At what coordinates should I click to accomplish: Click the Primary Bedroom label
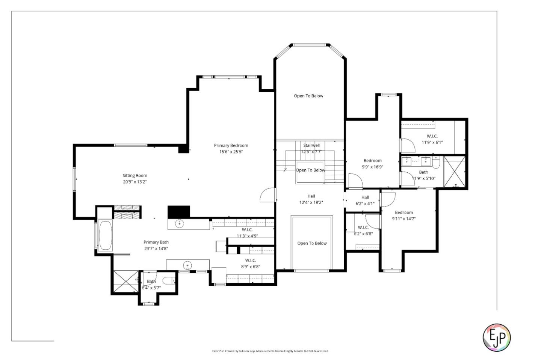[x=231, y=146]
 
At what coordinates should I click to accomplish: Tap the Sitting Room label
[x=134, y=176]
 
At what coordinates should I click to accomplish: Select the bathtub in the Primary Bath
[x=105, y=235]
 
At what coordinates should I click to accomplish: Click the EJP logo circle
[x=496, y=337]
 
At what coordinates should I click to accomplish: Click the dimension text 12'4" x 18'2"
[x=311, y=203]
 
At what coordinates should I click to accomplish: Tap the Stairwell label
[x=311, y=145]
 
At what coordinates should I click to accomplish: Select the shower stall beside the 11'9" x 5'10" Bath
[x=455, y=172]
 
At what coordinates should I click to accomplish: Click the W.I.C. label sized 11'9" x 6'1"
[x=432, y=136]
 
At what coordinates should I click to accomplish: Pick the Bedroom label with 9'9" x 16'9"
[x=372, y=161]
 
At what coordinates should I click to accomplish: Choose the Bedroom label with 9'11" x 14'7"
[x=403, y=212]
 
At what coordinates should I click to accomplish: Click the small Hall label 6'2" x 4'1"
[x=365, y=197]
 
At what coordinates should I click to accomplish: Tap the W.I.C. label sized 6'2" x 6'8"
[x=363, y=227]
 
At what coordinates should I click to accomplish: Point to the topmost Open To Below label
[x=308, y=96]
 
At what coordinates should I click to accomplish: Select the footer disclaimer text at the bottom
[x=270, y=351]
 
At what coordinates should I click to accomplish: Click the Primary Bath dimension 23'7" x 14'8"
[x=156, y=249]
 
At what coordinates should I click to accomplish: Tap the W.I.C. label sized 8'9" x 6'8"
[x=251, y=261]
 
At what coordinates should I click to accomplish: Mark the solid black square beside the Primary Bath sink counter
[x=178, y=211]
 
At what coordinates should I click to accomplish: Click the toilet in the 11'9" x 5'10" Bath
[x=436, y=162]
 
